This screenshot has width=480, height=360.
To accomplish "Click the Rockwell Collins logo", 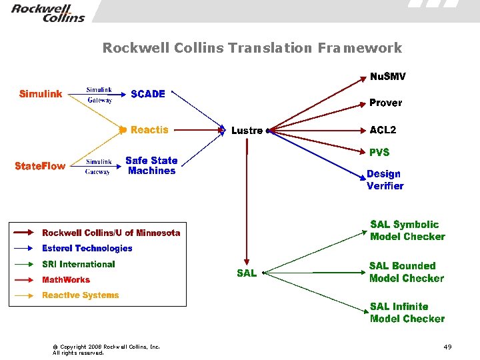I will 48,12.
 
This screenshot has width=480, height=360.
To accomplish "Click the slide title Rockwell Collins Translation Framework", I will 252,48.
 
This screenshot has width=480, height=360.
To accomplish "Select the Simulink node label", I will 41,94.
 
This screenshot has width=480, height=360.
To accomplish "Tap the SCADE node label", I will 148,94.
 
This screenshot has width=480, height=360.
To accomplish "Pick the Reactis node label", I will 149,130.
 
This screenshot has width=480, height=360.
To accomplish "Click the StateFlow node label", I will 40,166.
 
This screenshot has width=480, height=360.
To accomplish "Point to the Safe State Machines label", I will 151,165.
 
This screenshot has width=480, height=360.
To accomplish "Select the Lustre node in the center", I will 247,131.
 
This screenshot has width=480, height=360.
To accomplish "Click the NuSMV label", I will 387,77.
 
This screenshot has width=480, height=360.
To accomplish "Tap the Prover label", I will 385,103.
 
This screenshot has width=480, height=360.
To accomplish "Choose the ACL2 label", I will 383,130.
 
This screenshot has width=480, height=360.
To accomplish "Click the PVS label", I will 379,153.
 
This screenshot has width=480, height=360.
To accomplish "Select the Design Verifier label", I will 385,180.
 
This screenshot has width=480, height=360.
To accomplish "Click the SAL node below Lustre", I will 247,273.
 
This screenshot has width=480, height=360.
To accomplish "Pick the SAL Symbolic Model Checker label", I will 407,231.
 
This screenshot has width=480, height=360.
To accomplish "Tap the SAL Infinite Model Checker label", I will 407,313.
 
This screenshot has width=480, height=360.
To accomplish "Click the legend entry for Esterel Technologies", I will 87,249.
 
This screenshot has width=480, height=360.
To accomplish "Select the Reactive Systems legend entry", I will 80,295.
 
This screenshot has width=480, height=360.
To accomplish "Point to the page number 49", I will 447,347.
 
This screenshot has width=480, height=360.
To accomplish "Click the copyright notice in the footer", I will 106,349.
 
